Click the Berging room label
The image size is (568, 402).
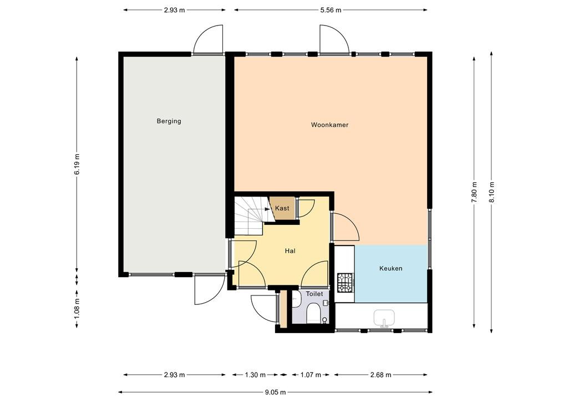tap(169, 121)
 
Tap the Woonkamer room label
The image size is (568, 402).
tap(329, 125)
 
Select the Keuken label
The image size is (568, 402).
tap(391, 269)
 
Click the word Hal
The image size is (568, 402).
tap(290, 251)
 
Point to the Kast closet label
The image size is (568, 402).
tap(282, 208)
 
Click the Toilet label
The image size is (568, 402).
tap(315, 294)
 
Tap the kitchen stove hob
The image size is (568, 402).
tap(345, 283)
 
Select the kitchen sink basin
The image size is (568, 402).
tap(384, 319)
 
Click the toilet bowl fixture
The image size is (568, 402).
tap(313, 313)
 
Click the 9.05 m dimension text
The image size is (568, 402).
tap(275, 392)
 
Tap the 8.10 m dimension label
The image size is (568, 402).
tap(491, 192)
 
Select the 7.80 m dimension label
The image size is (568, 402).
tap(474, 192)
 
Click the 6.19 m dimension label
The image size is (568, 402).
tap(77, 164)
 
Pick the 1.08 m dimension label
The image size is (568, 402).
tap(77, 309)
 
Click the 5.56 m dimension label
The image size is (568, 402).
tap(331, 10)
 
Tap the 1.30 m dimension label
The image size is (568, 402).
tap(255, 375)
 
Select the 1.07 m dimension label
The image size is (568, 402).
tap(311, 375)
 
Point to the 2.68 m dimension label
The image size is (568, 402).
tap(381, 375)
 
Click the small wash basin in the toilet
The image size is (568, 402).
tap(296, 299)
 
